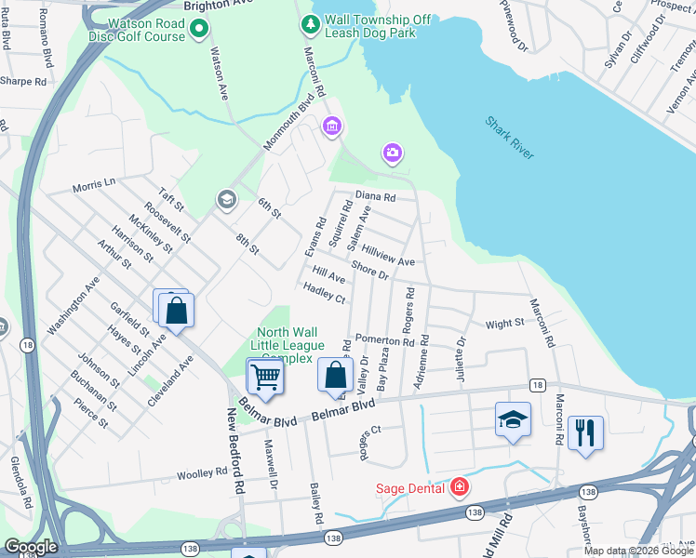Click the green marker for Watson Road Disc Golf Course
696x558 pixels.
pos(198,31)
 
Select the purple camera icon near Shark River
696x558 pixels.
pos(392,152)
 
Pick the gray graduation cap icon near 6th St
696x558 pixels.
pos(225,200)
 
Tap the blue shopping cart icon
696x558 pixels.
pos(265,377)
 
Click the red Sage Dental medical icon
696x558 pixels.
pos(459,486)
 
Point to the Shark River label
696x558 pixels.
pos(510,138)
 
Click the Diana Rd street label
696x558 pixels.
pos(375,197)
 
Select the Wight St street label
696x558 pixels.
pos(504,325)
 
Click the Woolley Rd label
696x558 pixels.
pos(202,473)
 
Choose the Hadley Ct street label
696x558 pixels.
pos(324,293)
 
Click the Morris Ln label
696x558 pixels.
pos(94,185)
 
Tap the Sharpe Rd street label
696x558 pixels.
pos(23,82)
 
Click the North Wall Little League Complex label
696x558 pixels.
pos(291,345)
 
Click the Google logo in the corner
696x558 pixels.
pos(31,547)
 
